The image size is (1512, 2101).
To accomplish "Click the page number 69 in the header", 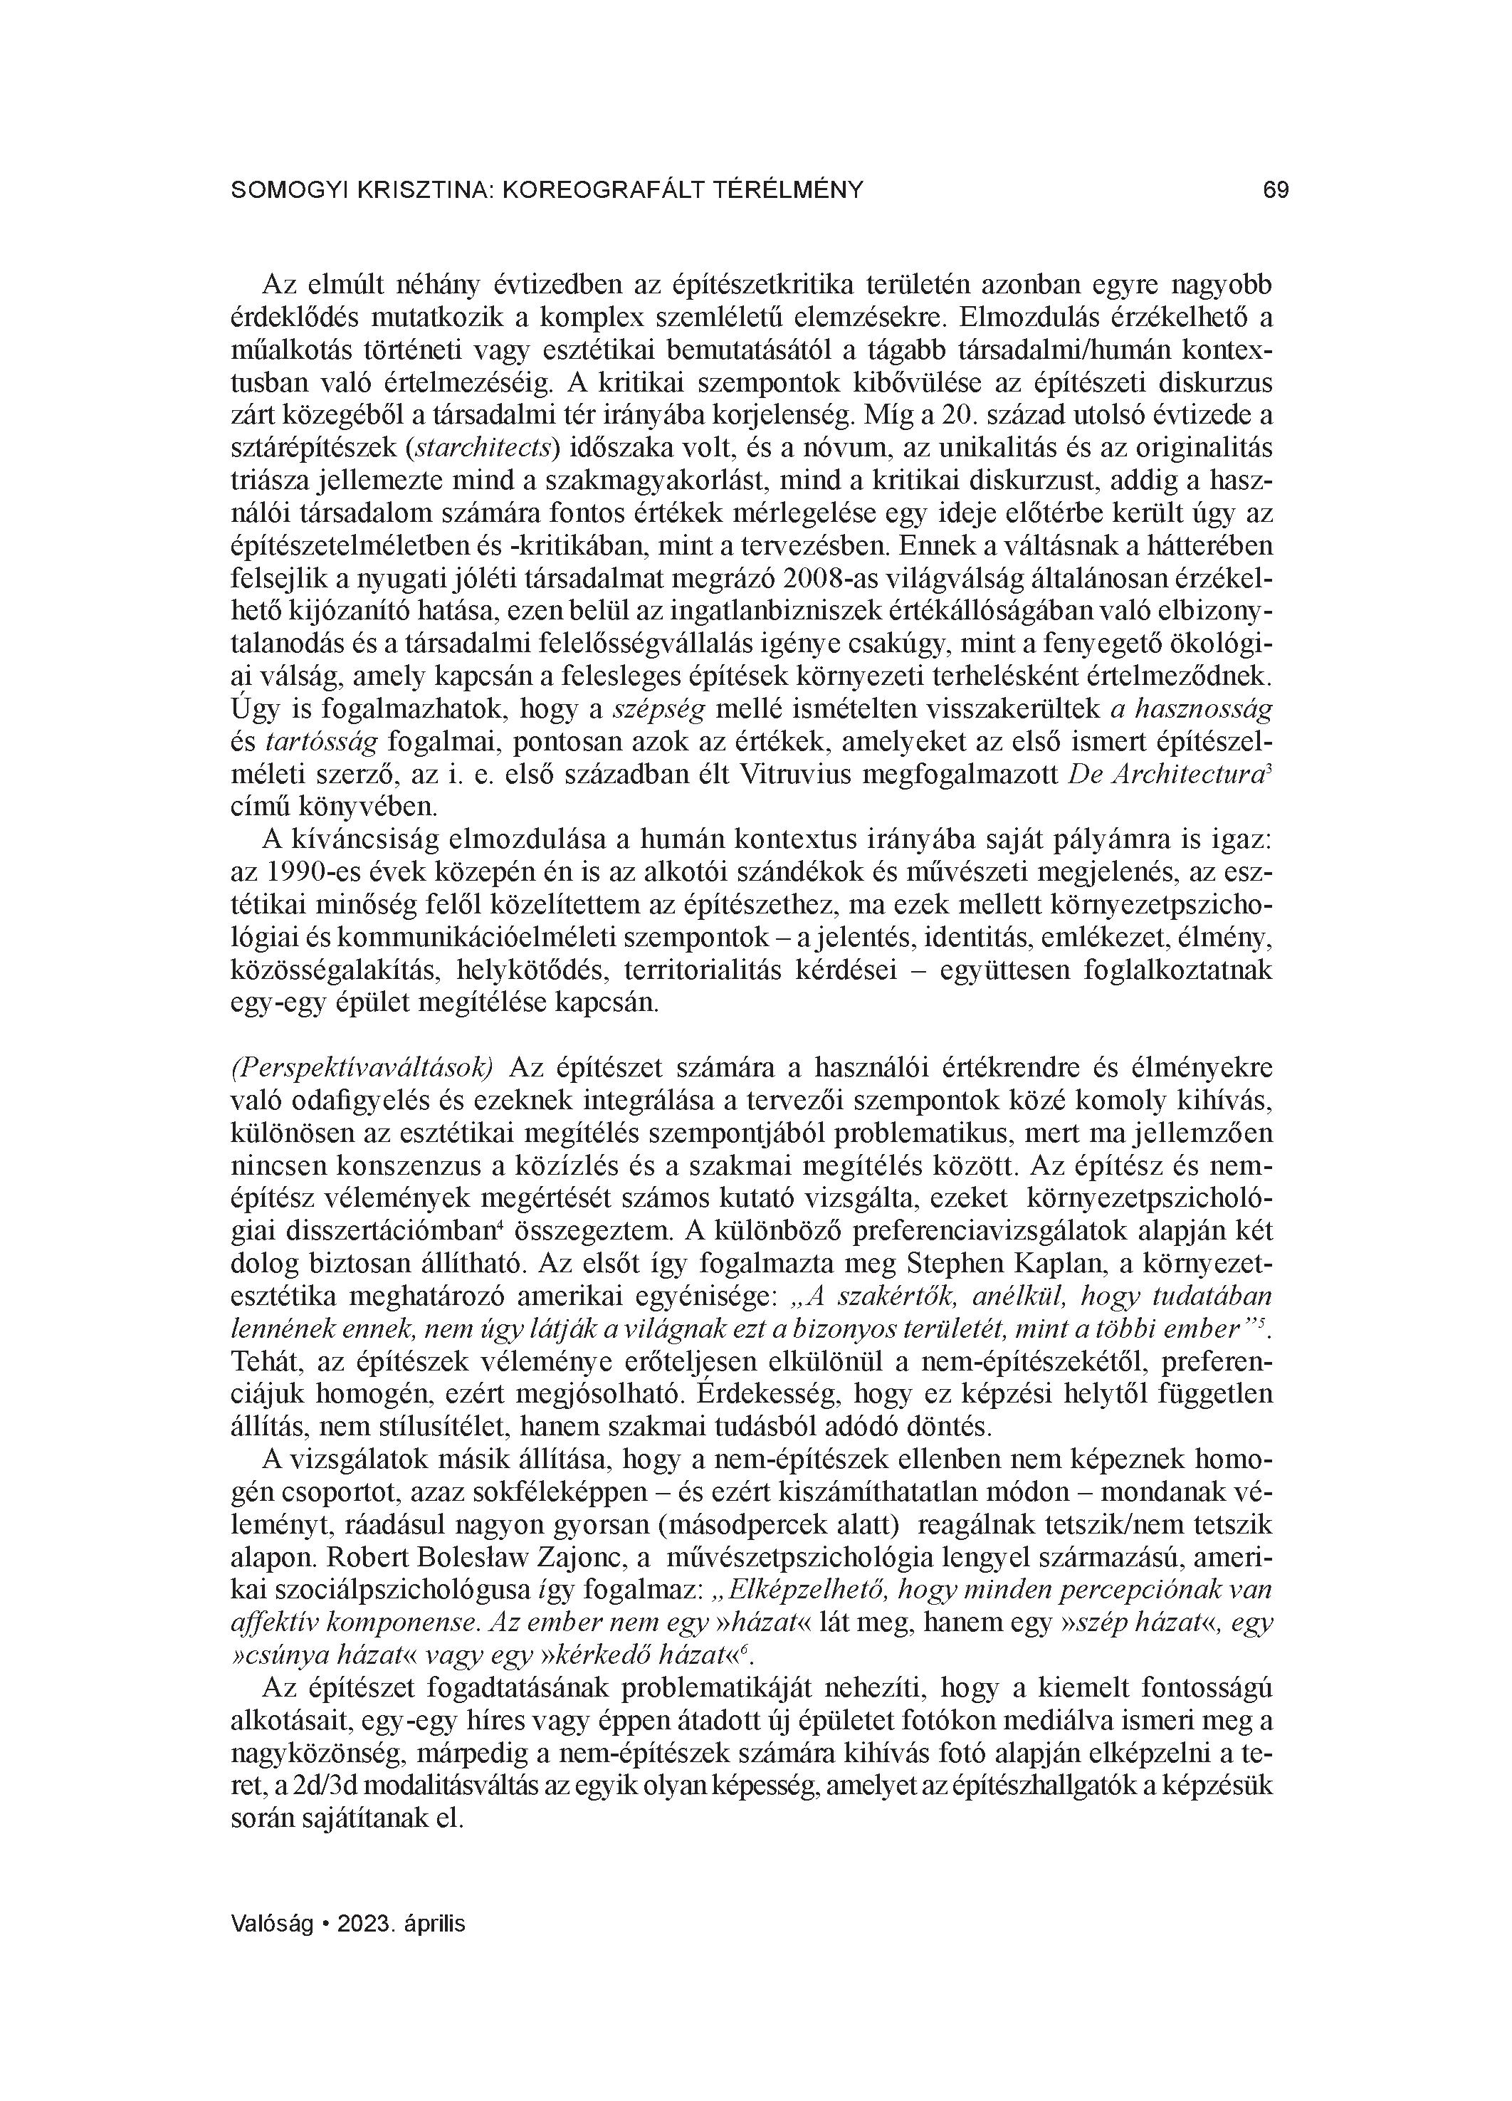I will pos(1276,191).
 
